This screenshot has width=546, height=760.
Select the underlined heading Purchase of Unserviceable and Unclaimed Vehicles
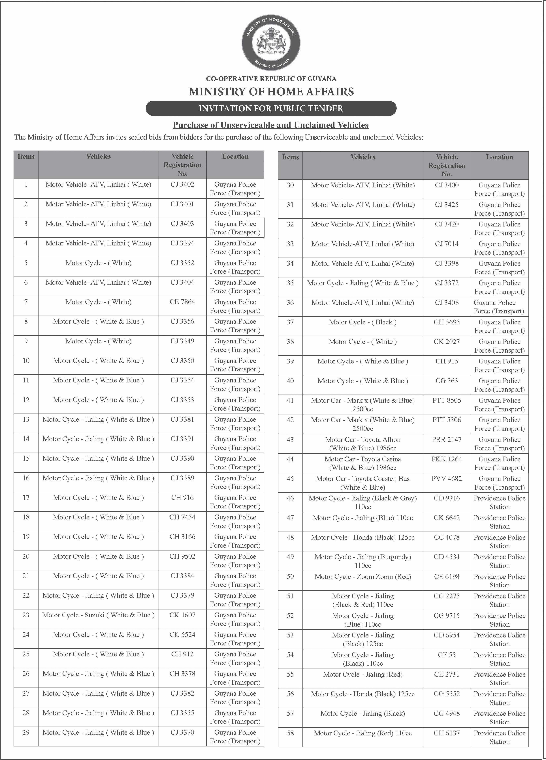coord(270,125)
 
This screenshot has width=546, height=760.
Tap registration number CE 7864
coord(182,302)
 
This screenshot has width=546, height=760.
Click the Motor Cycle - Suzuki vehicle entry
coord(98,615)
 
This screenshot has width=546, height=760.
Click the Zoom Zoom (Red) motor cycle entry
coord(363,577)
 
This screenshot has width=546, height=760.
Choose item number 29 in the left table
coord(26,733)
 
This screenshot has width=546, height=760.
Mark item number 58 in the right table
coord(290,733)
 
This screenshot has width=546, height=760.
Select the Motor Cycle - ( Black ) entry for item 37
coord(363,322)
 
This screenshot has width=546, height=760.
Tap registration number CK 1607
coord(182,615)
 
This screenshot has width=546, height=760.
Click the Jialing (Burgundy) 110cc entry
coord(363,561)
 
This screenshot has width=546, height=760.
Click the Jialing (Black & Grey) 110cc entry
coord(363,502)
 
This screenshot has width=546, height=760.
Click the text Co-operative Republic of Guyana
coord(271,79)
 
